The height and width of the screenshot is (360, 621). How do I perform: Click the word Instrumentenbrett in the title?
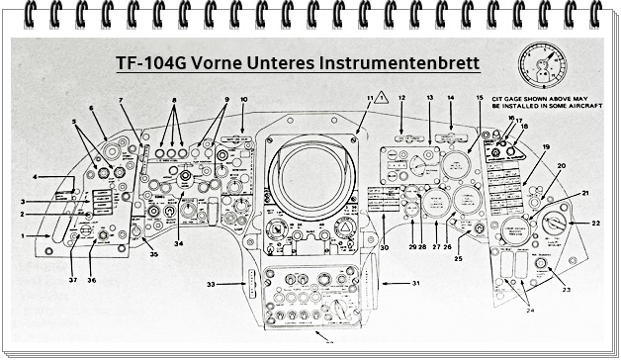pos(400,63)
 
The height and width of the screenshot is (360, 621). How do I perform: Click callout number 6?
pos(91,108)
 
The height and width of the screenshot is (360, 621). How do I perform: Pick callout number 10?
pos(243,99)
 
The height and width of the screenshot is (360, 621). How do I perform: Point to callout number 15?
pos(479,99)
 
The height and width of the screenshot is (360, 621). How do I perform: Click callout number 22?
pos(596,224)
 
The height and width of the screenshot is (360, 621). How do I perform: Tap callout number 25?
pos(458,258)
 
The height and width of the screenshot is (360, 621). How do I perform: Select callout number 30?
pos(384,247)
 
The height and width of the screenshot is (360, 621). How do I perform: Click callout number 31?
pos(415,283)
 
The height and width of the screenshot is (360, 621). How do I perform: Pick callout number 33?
pos(211,284)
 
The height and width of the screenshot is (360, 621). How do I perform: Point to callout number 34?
pos(179,242)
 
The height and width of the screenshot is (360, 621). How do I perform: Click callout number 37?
pos(71,279)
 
